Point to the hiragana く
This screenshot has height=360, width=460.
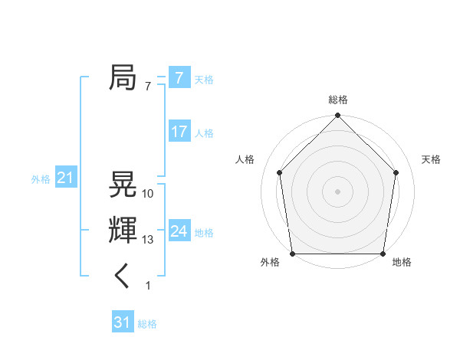[x=123, y=277]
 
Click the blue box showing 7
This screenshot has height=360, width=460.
[x=179, y=78]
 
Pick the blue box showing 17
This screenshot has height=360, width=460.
[x=179, y=132]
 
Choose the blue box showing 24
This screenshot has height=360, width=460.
[x=179, y=231]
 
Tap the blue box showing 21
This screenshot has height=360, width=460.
[x=65, y=178]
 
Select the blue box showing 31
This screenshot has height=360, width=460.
[x=122, y=322]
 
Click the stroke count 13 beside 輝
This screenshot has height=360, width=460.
[x=148, y=240]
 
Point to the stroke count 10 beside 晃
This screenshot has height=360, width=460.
[x=148, y=194]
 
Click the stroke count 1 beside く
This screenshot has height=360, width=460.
[x=148, y=286]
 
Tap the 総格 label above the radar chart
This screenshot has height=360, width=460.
[x=337, y=100]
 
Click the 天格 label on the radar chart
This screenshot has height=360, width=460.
[x=431, y=159]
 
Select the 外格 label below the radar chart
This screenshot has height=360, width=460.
[x=270, y=263]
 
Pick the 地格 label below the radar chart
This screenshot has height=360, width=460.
[x=402, y=263]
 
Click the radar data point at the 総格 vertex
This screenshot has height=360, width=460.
[x=337, y=116]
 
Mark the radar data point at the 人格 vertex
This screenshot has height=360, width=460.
[x=279, y=172]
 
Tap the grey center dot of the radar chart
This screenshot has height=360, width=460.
[x=337, y=191]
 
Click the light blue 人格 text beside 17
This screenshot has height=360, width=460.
[x=204, y=133]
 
